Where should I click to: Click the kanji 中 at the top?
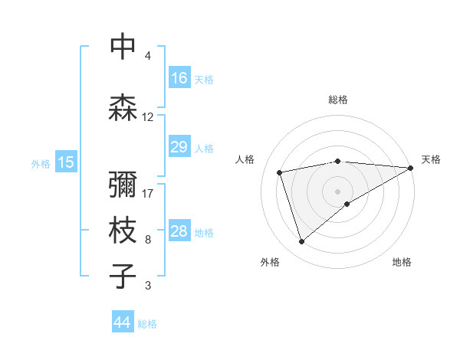(x=123, y=47)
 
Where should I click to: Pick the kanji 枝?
(x=123, y=231)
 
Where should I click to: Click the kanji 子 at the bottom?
(x=123, y=277)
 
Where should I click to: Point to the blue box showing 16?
(x=179, y=78)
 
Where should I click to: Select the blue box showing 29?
(x=179, y=147)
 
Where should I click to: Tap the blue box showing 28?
(x=179, y=231)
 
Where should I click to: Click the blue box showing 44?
(x=123, y=322)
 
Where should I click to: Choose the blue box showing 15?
(x=66, y=162)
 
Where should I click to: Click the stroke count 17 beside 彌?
(x=149, y=193)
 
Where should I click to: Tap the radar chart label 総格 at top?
(x=338, y=100)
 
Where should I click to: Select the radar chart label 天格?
(x=432, y=159)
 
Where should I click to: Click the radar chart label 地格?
(x=402, y=262)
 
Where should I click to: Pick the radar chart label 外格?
(x=270, y=262)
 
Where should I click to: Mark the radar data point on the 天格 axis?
(x=411, y=168)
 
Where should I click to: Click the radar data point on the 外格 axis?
(x=301, y=242)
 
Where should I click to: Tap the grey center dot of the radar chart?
(x=338, y=191)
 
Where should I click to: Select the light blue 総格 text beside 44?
(x=147, y=324)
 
